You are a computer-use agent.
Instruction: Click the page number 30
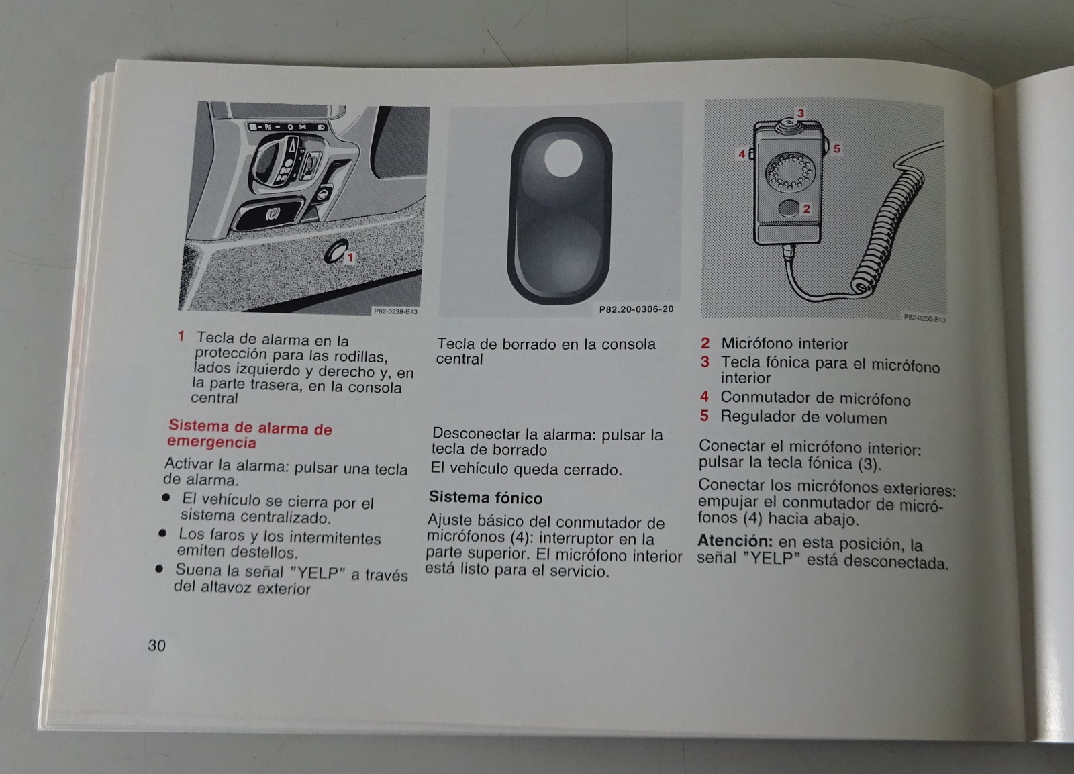[157, 646]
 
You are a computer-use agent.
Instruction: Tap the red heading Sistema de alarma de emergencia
[249, 434]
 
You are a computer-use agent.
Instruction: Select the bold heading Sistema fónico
[486, 498]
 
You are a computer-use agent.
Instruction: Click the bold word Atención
[735, 541]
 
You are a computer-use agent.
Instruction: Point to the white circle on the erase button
[563, 157]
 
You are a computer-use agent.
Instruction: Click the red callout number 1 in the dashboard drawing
[350, 258]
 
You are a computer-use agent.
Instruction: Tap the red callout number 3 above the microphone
[800, 113]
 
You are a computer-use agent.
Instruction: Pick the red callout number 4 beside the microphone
[742, 154]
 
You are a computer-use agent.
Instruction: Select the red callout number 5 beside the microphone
[836, 148]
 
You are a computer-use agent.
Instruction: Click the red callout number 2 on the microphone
[806, 209]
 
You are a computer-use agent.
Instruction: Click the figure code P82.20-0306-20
[636, 309]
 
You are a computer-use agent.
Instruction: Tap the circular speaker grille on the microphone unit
[790, 172]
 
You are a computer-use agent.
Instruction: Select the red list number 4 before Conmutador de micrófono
[704, 397]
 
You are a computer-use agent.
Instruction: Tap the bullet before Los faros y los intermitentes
[162, 533]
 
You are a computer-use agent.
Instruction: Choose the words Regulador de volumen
[803, 418]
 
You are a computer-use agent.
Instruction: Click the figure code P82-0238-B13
[395, 311]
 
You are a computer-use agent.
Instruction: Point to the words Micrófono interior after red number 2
[785, 344]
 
